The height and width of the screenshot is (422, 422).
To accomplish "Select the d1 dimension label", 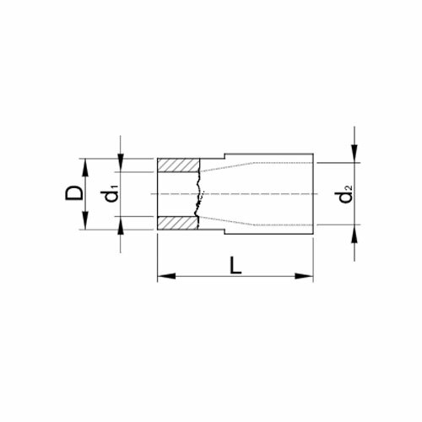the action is click(x=111, y=193).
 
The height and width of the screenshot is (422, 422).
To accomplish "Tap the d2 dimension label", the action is click(x=345, y=194).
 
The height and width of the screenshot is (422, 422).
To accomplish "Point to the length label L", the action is click(x=235, y=265).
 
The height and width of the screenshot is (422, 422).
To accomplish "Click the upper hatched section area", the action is click(x=178, y=165).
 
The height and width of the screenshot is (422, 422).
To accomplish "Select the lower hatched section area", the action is click(x=178, y=223).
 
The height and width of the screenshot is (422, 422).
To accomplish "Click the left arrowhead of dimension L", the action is click(x=166, y=276).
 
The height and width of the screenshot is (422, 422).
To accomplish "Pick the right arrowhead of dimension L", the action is click(x=304, y=276).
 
